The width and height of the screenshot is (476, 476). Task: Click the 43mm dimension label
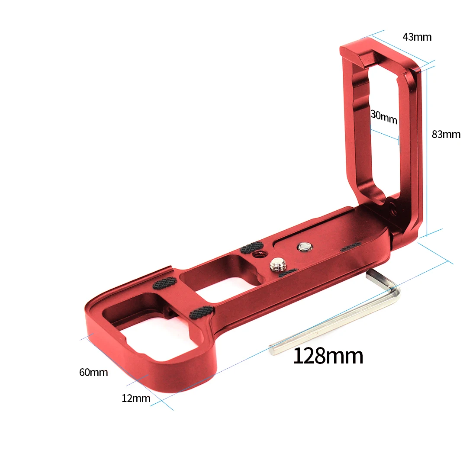tap(417, 37)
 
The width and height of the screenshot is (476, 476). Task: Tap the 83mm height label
tap(446, 135)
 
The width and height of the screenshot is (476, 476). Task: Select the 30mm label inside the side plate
tap(384, 117)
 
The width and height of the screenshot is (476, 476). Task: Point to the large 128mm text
tap(328, 356)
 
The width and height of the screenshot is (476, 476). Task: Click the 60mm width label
tap(93, 372)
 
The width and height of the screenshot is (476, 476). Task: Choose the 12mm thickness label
tap(136, 399)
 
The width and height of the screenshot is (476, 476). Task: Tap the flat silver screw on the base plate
tap(304, 247)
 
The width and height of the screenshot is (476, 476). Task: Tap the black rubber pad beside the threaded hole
tap(249, 248)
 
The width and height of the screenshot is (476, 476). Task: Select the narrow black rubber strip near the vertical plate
tap(351, 247)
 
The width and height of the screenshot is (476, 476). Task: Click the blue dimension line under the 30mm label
tap(385, 134)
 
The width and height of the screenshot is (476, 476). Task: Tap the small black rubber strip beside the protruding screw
tap(288, 273)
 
